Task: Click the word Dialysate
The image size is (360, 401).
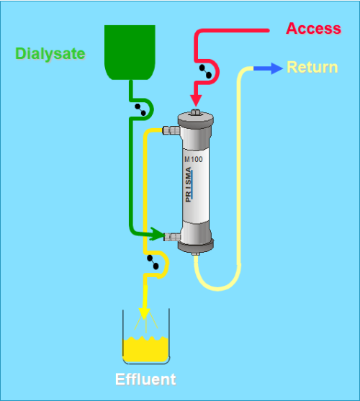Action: pyautogui.click(x=50, y=54)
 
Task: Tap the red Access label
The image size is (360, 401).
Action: pyautogui.click(x=313, y=28)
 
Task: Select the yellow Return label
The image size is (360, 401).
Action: pyautogui.click(x=312, y=67)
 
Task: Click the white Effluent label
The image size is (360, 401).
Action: pyautogui.click(x=145, y=379)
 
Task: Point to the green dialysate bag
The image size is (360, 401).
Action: pyautogui.click(x=130, y=53)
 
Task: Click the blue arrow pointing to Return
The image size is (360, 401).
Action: pyautogui.click(x=268, y=68)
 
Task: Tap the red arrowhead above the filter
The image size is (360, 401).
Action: pyautogui.click(x=196, y=101)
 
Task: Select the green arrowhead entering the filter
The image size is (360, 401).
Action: pyautogui.click(x=157, y=234)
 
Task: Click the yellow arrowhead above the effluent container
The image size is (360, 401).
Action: pyautogui.click(x=144, y=314)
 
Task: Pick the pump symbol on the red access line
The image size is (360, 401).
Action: pyautogui.click(x=205, y=71)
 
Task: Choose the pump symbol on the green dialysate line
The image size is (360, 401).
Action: pyautogui.click(x=140, y=109)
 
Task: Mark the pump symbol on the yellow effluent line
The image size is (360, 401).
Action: pyautogui.click(x=153, y=262)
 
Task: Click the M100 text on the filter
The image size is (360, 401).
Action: pyautogui.click(x=194, y=159)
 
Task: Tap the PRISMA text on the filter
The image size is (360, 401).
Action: pyautogui.click(x=189, y=184)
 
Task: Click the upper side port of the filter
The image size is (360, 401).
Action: pyautogui.click(x=171, y=130)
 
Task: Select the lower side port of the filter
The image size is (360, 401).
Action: pyautogui.click(x=172, y=237)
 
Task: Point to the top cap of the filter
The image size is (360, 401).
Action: pyautogui.click(x=196, y=118)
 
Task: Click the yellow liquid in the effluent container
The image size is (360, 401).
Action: pyautogui.click(x=145, y=350)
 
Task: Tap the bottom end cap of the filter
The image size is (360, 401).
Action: pyautogui.click(x=196, y=245)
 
